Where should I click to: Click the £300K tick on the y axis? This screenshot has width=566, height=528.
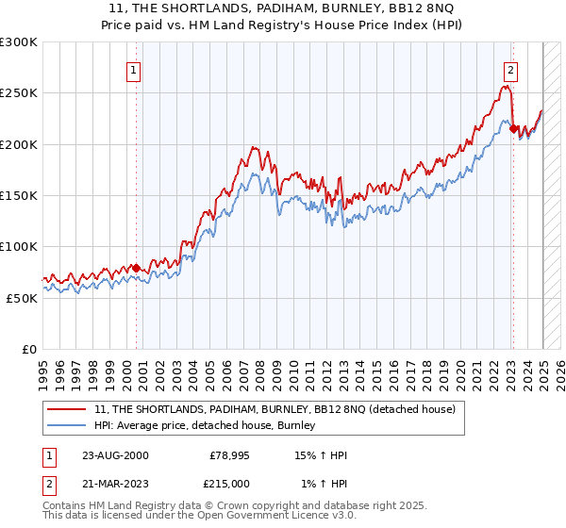(x=19, y=42)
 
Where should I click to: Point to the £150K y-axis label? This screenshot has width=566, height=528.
(x=19, y=195)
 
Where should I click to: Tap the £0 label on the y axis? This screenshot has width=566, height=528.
(x=31, y=349)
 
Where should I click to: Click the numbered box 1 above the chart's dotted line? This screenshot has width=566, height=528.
(x=133, y=70)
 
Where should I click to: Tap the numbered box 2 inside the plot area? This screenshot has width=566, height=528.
(x=510, y=70)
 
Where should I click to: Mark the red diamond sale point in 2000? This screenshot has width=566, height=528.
(x=137, y=268)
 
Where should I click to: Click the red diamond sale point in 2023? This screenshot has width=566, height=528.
(x=513, y=129)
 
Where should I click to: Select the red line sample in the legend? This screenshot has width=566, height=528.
(x=68, y=410)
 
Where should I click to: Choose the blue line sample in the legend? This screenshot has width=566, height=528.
(x=68, y=426)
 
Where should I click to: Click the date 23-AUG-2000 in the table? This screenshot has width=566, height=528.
(x=115, y=455)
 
